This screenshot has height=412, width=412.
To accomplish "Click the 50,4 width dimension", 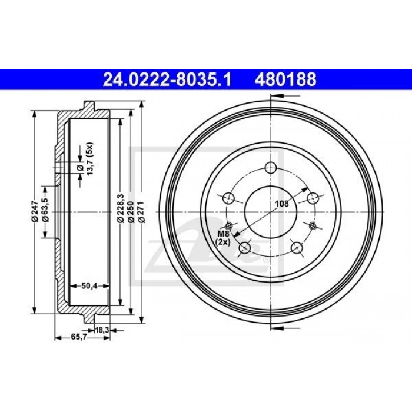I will pos(89,285).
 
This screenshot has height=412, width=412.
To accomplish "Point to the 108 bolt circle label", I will pos(282,204).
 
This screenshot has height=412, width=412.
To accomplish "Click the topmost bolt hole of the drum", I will pos(271,167).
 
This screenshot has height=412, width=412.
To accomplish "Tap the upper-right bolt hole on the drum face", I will pos(312,197).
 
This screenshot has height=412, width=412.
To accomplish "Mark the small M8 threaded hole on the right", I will pos(313,225).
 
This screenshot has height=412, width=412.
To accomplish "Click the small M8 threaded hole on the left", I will pos(230,224).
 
